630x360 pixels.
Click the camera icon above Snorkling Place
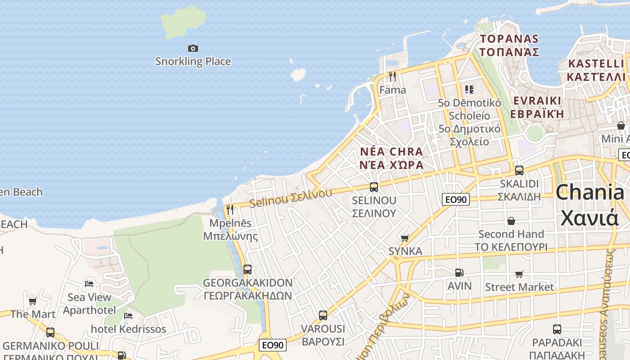[193, 48]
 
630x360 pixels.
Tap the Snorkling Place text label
[193, 62]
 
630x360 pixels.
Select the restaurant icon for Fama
[392, 76]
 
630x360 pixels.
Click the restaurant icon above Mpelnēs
[230, 210]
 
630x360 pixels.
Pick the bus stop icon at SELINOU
[373, 187]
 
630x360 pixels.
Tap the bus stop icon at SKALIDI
[519, 171]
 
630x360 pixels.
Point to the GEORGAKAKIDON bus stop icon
[247, 270]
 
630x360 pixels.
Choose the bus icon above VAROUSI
[323, 315]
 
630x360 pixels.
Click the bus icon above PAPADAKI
[557, 329]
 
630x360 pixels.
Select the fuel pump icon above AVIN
[459, 273]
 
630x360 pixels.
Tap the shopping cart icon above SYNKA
[405, 238]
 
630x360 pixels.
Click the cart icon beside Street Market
[519, 274]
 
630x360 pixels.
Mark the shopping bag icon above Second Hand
[511, 221]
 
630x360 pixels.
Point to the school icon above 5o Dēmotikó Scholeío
[469, 90]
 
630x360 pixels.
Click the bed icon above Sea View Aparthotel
[89, 284]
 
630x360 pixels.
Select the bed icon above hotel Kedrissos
[128, 316]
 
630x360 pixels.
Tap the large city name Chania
[589, 193]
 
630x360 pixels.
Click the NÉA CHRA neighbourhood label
[391, 151]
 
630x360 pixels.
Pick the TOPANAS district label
[509, 39]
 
